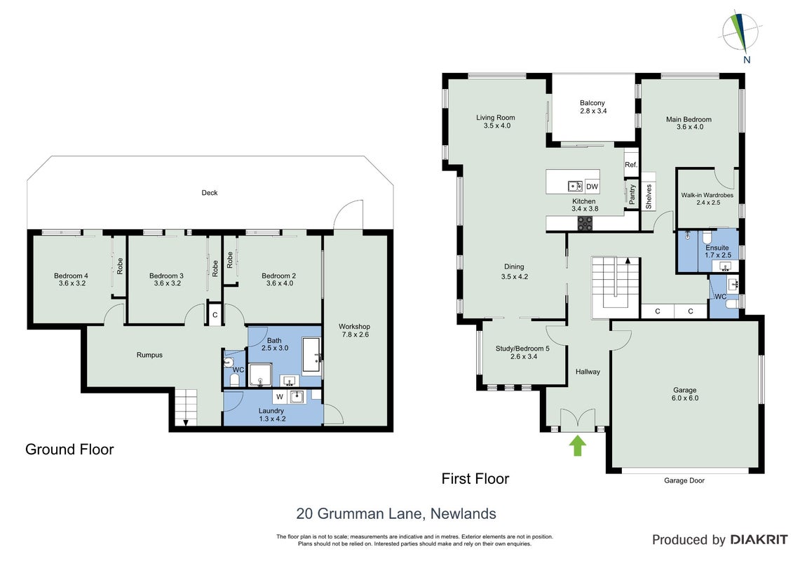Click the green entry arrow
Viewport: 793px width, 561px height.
tap(578, 446)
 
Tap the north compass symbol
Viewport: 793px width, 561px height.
tap(740, 34)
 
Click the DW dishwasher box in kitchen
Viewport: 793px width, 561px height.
tap(592, 187)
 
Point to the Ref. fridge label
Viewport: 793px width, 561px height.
tap(630, 165)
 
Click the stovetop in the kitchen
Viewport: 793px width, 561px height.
tap(585, 223)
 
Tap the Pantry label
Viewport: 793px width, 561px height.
tap(632, 194)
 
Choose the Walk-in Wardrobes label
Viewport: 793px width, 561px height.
tap(707, 195)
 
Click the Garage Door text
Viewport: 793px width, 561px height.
tap(684, 480)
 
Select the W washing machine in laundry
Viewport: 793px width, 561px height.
tap(280, 397)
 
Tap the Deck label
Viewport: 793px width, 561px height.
tap(210, 193)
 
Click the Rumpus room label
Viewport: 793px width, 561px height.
tap(149, 355)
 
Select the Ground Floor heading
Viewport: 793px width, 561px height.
tap(69, 450)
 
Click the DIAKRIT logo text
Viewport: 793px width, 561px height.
tap(759, 540)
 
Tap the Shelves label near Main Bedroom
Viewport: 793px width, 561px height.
tap(649, 196)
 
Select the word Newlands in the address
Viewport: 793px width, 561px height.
tap(463, 514)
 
